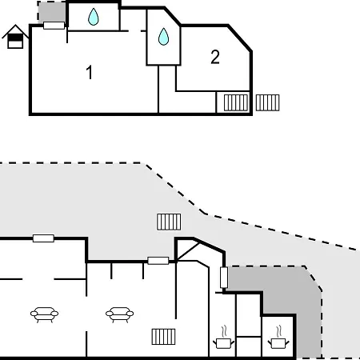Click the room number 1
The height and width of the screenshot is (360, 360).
tap(90, 72)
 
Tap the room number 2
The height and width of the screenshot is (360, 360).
tap(215, 57)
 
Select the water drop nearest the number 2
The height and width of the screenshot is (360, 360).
tap(163, 37)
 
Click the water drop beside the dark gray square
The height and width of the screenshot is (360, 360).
tap(94, 17)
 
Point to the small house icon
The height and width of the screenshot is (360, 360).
tap(15, 37)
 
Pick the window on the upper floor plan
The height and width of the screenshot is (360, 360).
tap(54, 26)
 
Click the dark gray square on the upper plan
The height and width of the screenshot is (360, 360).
tap(51, 12)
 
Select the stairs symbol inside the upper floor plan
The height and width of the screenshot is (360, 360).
tap(236, 102)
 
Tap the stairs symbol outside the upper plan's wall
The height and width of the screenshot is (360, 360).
tap(267, 102)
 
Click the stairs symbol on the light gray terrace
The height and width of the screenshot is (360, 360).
tap(169, 222)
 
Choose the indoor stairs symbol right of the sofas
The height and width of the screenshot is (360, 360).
tap(163, 337)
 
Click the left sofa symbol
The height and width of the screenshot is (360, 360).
tap(44, 314)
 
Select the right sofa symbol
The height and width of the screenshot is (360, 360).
tap(119, 314)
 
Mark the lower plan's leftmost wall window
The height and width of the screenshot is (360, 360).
tap(43, 238)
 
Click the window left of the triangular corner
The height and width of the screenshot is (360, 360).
tap(158, 261)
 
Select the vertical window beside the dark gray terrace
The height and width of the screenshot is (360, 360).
tap(224, 278)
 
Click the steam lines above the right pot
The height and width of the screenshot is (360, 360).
tap(279, 331)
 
